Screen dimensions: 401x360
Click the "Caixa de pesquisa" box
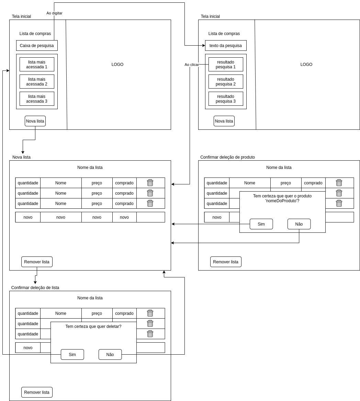[37, 46]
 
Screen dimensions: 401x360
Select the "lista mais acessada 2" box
[37, 82]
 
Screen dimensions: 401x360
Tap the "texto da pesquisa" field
[226, 46]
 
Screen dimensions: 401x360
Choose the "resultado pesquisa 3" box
[226, 99]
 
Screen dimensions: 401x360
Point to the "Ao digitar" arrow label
[54, 13]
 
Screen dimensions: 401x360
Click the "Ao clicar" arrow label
[192, 65]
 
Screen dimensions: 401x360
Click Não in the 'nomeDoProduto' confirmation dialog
[299, 224]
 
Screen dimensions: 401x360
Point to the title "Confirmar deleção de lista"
[35, 288]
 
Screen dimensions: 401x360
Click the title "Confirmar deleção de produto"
[227, 157]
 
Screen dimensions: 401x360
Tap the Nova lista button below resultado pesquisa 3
[224, 121]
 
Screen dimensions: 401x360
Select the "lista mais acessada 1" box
[37, 65]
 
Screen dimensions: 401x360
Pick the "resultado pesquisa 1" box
[226, 65]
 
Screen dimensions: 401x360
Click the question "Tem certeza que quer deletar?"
[93, 326]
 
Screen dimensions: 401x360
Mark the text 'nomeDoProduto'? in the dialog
[282, 201]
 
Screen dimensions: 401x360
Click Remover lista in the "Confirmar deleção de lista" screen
[37, 392]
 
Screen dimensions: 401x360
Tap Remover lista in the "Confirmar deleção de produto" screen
[226, 262]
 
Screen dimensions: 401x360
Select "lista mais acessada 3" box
[37, 99]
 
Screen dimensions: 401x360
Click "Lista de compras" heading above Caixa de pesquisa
[35, 34]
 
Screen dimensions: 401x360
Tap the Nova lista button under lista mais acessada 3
[35, 121]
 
